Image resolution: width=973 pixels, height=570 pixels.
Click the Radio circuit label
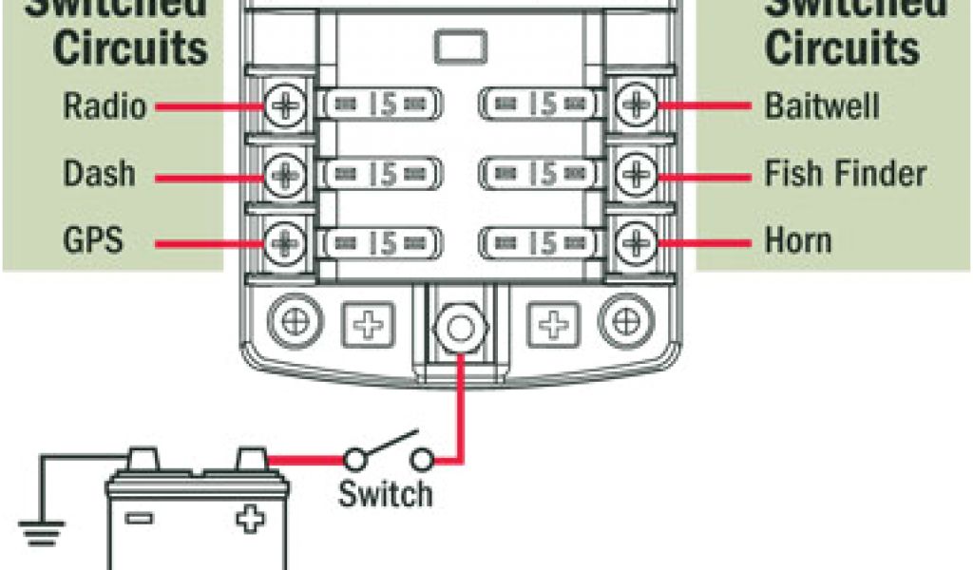[x=105, y=105]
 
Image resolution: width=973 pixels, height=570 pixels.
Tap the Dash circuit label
[x=99, y=174]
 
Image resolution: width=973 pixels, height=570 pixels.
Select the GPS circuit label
[x=93, y=239]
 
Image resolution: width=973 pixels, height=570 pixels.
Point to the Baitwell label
[x=822, y=105]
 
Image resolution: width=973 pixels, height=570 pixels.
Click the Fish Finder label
[x=845, y=174]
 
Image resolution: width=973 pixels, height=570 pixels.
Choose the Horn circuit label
[x=798, y=239]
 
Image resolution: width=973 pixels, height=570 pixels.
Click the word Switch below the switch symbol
[x=385, y=493]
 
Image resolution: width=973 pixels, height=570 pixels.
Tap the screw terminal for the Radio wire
[x=282, y=106]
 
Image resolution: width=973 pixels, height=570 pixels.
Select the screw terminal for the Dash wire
[x=282, y=174]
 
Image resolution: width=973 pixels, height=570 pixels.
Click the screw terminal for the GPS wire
[x=282, y=243]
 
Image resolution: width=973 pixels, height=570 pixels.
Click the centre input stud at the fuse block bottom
[x=460, y=330]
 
